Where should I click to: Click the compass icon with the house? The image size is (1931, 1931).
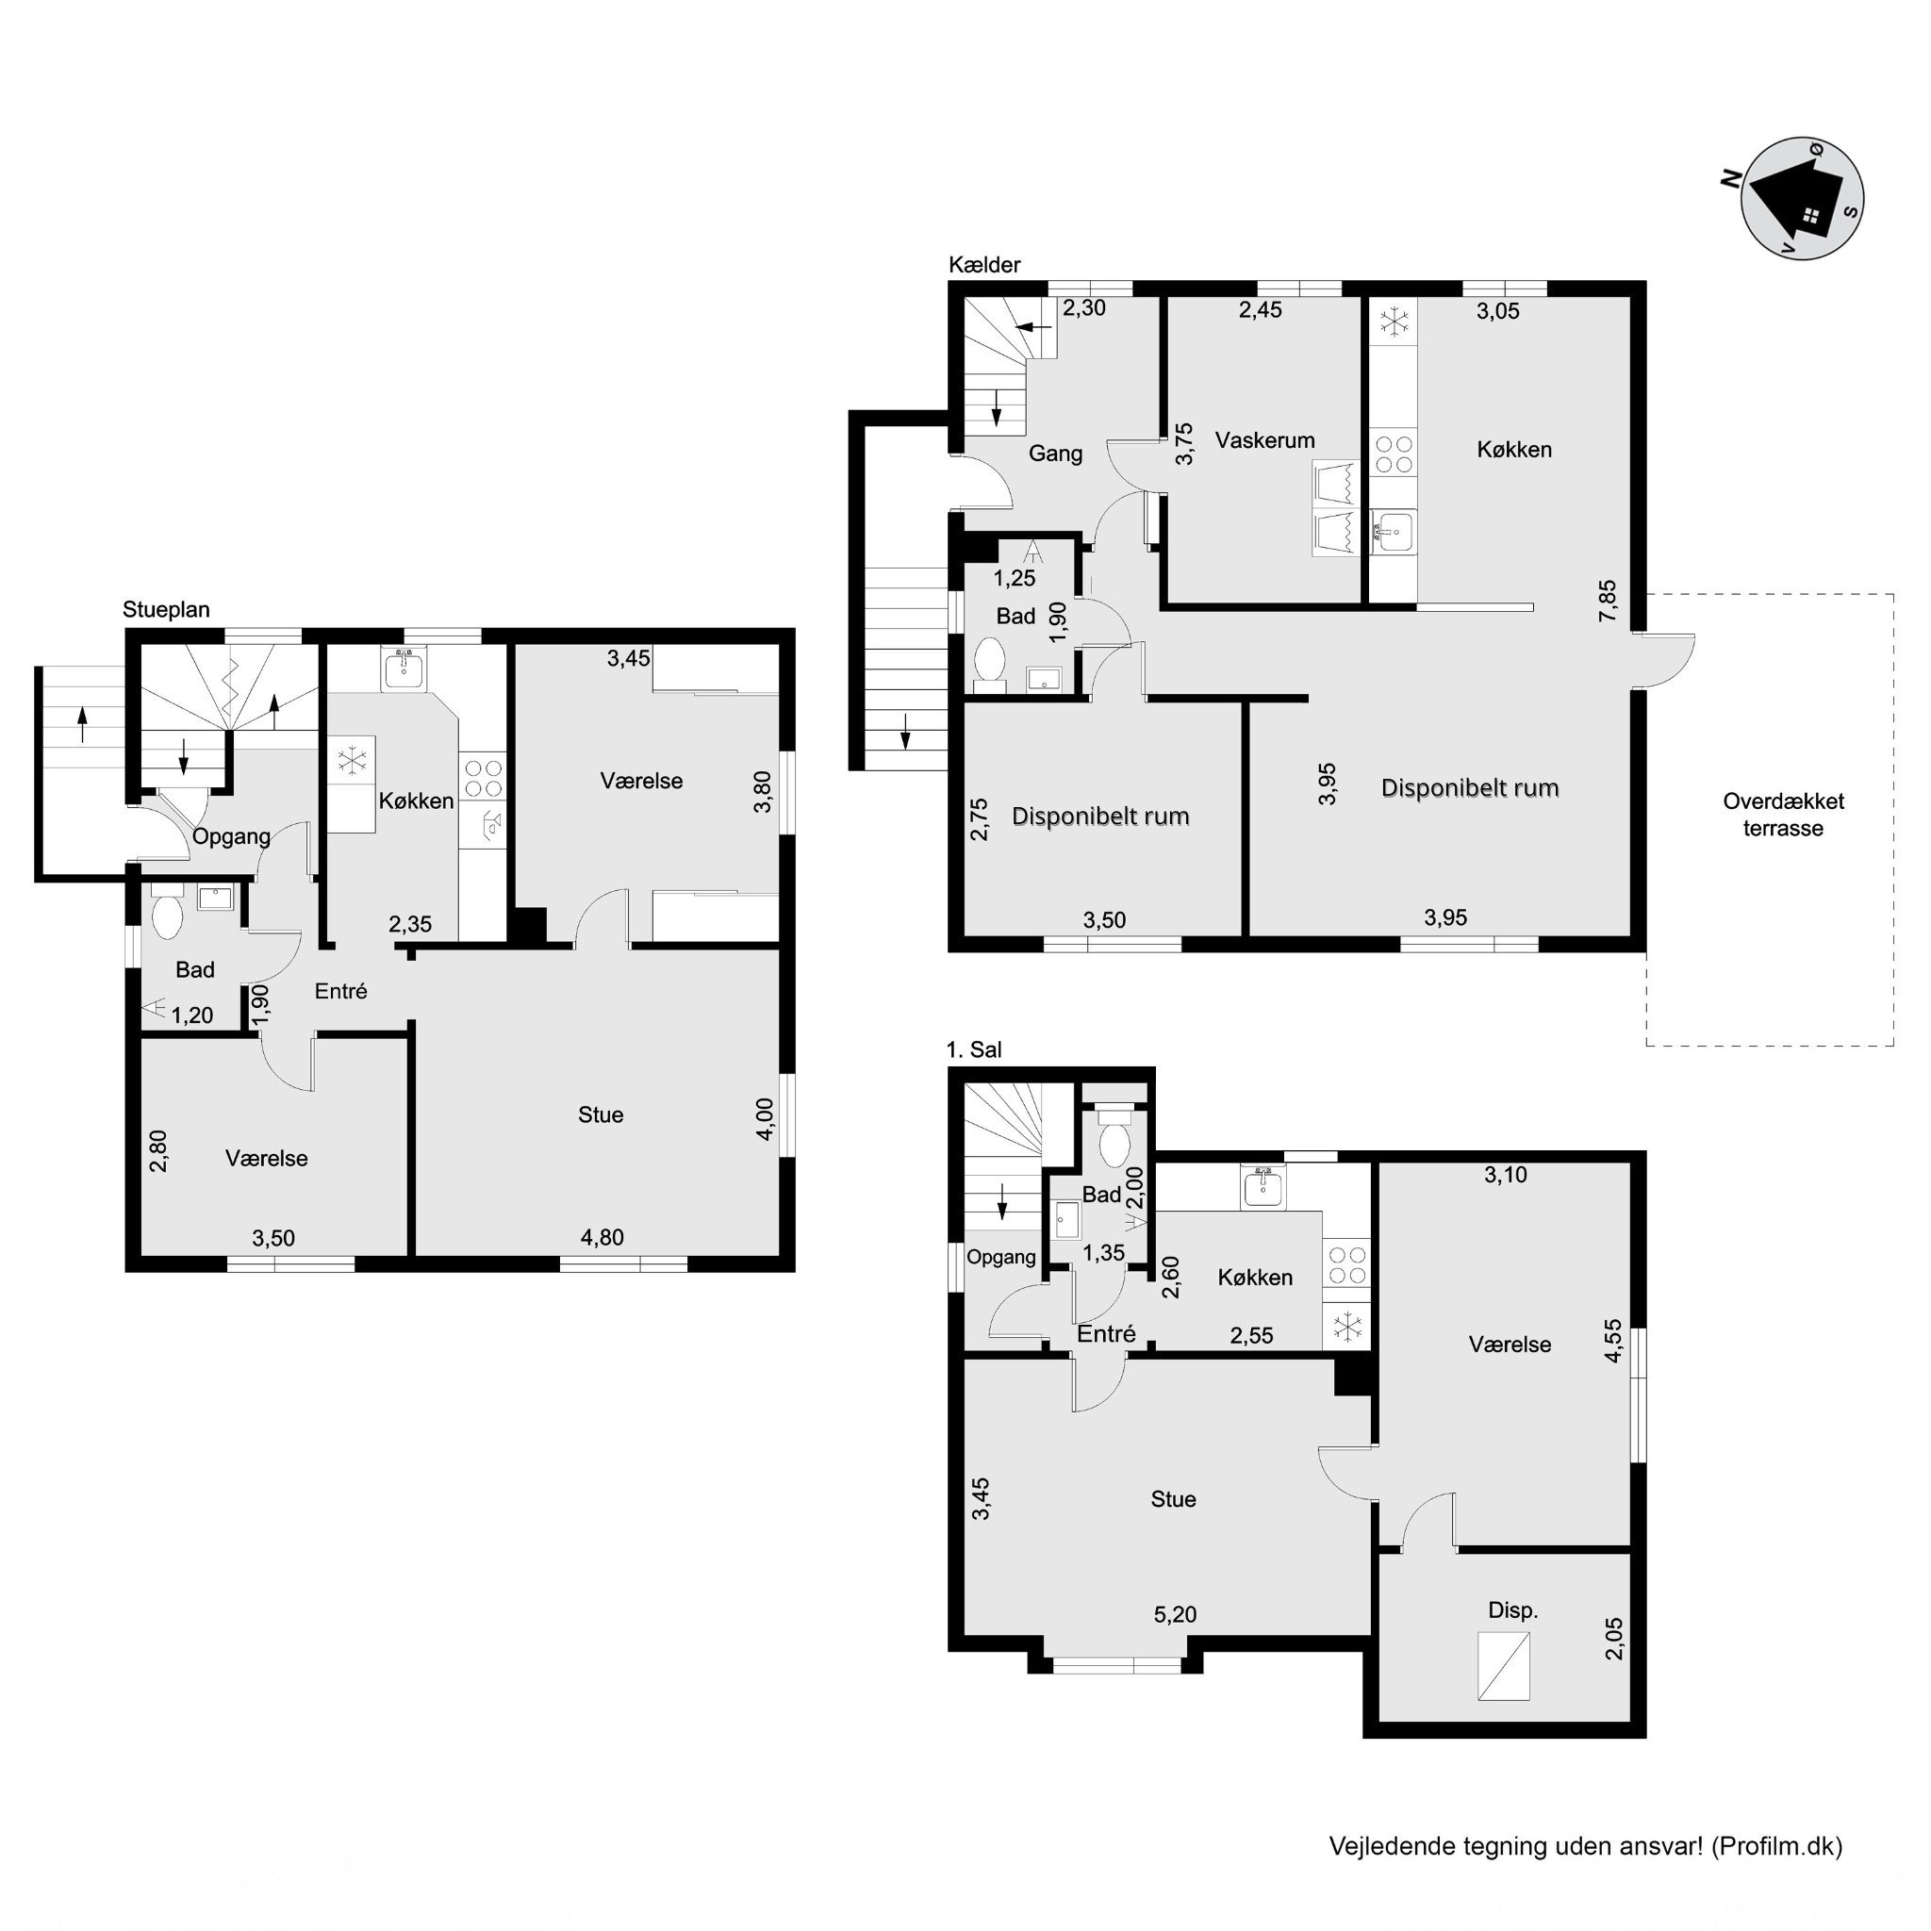pyautogui.click(x=1801, y=198)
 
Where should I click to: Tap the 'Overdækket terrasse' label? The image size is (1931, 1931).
pyautogui.click(x=1782, y=815)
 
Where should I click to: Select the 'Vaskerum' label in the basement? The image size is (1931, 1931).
pyautogui.click(x=1264, y=439)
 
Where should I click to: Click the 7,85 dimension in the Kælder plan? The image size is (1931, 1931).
pyautogui.click(x=1608, y=601)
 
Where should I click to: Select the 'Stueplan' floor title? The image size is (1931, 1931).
pyautogui.click(x=166, y=610)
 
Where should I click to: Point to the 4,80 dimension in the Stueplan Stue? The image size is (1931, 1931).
pyautogui.click(x=602, y=1237)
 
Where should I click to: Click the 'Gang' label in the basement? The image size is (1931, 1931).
pyautogui.click(x=1055, y=454)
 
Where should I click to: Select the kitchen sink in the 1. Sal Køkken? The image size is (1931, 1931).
pyautogui.click(x=1264, y=1187)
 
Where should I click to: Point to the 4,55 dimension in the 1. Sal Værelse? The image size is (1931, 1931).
pyautogui.click(x=1613, y=1342)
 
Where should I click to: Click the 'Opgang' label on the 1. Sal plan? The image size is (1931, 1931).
pyautogui.click(x=1000, y=1259)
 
